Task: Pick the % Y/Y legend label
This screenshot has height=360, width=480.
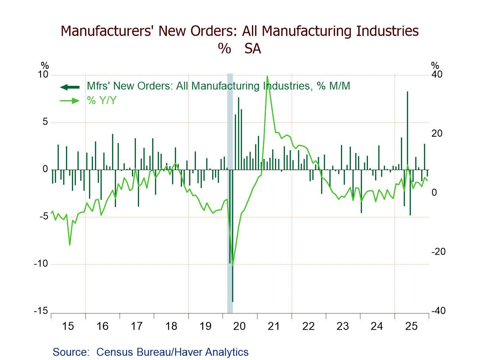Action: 102,101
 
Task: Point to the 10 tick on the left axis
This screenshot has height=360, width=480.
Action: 43,75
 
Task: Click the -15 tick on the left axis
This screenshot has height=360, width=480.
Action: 41,311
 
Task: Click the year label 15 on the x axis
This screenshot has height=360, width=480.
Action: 68,327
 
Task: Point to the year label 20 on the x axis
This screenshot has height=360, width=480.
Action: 240,327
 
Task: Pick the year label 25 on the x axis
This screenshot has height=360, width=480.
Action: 411,327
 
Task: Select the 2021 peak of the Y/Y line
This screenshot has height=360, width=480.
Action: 267,76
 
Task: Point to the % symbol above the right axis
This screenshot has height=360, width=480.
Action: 435,66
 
